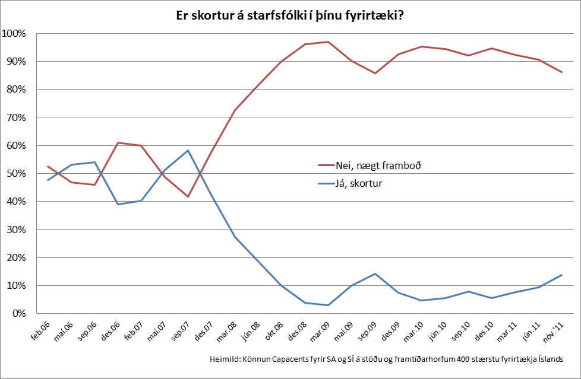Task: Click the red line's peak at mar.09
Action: pos(328,42)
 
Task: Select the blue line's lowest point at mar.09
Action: pos(328,305)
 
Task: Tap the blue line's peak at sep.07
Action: pos(188,150)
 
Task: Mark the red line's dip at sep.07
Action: pos(188,196)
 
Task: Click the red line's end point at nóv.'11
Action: pos(561,72)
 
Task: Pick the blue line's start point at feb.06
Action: pos(48,180)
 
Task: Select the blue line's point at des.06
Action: pos(118,204)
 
